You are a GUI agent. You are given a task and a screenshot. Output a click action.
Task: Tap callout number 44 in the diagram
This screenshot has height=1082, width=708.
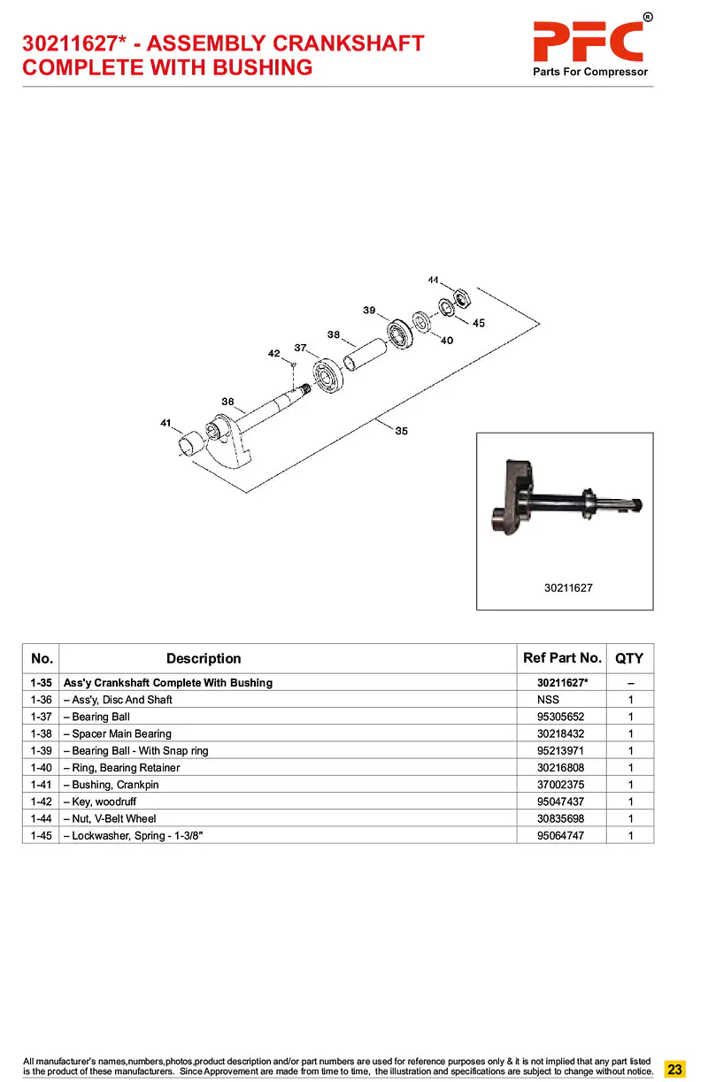pyautogui.click(x=433, y=280)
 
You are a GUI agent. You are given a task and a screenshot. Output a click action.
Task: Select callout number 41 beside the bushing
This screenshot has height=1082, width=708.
pyautogui.click(x=165, y=423)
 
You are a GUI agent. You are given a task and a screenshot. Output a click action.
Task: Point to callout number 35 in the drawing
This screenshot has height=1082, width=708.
pyautogui.click(x=402, y=431)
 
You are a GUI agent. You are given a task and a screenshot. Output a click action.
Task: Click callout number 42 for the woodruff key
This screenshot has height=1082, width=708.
pyautogui.click(x=274, y=354)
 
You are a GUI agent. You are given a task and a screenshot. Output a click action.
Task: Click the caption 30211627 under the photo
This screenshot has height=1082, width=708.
pyautogui.click(x=568, y=587)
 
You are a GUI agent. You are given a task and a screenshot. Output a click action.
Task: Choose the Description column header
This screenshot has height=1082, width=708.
pyautogui.click(x=204, y=658)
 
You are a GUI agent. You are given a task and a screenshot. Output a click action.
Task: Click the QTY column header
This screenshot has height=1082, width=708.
pyautogui.click(x=629, y=658)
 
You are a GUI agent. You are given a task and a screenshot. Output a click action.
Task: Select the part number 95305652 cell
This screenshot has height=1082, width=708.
pyautogui.click(x=561, y=717)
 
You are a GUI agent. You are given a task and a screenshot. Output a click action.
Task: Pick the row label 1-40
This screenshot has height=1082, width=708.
pyautogui.click(x=41, y=768)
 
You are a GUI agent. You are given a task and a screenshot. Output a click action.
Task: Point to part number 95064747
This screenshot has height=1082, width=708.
pyautogui.click(x=561, y=835)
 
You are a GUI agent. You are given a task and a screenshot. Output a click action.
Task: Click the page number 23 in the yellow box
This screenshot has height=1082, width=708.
pyautogui.click(x=674, y=1069)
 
